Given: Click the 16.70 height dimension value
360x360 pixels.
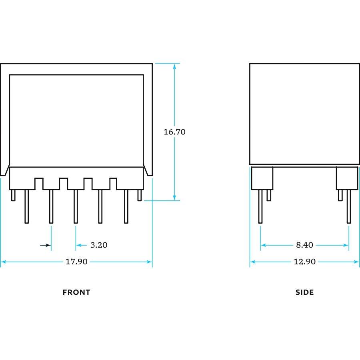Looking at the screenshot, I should pos(174,132).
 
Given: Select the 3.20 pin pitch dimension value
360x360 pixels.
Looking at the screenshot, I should pos(99,245).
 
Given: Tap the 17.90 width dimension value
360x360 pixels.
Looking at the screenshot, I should pos(76,262).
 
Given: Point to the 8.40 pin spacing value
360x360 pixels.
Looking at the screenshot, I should pos(304,245).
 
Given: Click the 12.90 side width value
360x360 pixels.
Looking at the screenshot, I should pos(305,262).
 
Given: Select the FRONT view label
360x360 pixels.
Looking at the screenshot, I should pos(76,292).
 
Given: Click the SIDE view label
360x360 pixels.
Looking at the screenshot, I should pos(305,292).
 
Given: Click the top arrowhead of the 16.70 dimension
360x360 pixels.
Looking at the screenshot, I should pos(174,66).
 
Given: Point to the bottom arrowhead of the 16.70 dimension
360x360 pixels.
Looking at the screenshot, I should pos(174,197).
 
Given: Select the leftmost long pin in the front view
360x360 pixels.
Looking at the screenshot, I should pos(27,206).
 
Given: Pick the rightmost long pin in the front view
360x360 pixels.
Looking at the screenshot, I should pos(126,206).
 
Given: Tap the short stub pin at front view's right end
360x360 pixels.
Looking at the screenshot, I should pos(139,195).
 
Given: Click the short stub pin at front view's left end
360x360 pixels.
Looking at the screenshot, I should pos(13,195).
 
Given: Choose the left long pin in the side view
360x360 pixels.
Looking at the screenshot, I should pos(260,206).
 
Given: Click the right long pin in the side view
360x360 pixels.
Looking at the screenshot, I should pos(349,206).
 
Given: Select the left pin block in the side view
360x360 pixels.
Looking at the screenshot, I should pos(262,178).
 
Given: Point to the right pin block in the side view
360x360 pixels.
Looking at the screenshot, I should pos(347,178).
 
